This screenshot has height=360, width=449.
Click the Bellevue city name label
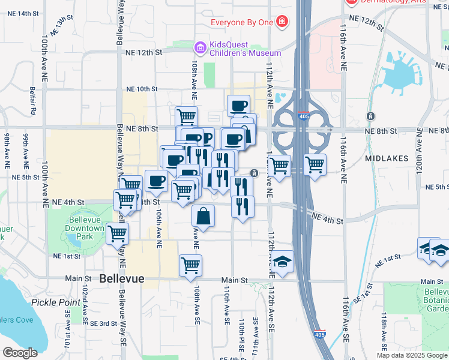pos(122,279)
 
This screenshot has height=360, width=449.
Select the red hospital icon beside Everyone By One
pos(282,23)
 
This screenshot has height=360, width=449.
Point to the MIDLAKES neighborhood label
pos(387,158)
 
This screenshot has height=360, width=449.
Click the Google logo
pos(20,352)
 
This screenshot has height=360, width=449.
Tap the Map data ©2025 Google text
pos(411,355)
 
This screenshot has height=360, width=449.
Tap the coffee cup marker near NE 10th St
pos(238,105)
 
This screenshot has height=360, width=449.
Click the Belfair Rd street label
pos(34,102)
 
